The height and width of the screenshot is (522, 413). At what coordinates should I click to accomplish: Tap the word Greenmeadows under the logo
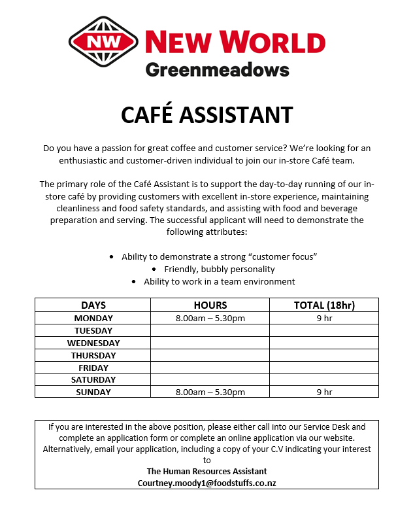[217, 69]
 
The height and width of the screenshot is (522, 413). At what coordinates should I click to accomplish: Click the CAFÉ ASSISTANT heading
[206, 115]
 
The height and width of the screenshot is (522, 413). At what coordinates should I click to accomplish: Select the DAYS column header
[93, 305]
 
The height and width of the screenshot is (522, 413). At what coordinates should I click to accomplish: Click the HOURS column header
[210, 305]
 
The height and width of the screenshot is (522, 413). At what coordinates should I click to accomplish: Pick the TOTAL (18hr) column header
[323, 305]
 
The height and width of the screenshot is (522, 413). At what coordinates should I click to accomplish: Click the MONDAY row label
[93, 318]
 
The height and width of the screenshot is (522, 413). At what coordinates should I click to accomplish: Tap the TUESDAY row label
[93, 330]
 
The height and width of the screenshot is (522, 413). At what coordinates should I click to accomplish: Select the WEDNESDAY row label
[93, 343]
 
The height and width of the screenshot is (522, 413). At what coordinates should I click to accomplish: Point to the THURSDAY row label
[93, 355]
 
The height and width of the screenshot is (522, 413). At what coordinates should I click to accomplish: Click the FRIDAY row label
[93, 368]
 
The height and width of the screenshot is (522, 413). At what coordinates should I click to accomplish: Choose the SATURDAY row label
[93, 379]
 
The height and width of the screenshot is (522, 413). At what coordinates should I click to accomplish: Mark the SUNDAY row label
[93, 392]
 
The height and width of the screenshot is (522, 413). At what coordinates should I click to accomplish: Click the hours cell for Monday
[210, 318]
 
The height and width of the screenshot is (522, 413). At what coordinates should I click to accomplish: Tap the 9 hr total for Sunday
[323, 392]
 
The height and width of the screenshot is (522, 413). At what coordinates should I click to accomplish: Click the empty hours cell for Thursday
[210, 355]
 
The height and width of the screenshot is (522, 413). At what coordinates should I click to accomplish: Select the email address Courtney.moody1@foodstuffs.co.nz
[206, 483]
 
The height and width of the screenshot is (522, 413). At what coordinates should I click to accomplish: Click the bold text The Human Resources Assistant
[206, 471]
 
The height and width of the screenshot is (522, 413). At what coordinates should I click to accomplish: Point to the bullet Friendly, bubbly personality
[219, 269]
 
